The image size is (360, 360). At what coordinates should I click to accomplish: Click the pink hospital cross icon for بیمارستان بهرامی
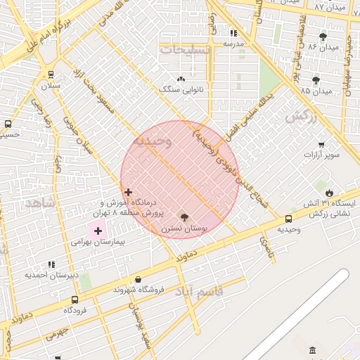tap(97, 231)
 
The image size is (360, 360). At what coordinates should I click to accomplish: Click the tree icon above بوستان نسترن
tap(184, 217)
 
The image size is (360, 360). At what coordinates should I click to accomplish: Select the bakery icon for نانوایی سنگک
tap(181, 79)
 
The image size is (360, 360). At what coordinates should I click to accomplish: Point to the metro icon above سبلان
tap(51, 75)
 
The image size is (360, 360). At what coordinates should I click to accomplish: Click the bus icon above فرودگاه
tap(75, 300)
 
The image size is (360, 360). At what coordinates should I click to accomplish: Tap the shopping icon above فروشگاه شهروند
tap(138, 279)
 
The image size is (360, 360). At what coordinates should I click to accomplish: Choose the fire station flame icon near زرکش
tap(329, 193)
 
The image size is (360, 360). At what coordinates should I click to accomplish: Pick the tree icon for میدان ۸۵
tap(316, 80)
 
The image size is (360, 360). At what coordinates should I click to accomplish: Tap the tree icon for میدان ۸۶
tap(323, 37)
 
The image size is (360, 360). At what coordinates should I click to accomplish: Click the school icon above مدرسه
tap(233, 33)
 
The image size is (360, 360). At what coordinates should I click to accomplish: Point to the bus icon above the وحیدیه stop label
tap(289, 219)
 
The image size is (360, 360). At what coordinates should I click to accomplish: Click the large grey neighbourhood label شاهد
tap(40, 202)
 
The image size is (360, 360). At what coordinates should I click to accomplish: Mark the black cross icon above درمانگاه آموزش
tap(128, 192)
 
